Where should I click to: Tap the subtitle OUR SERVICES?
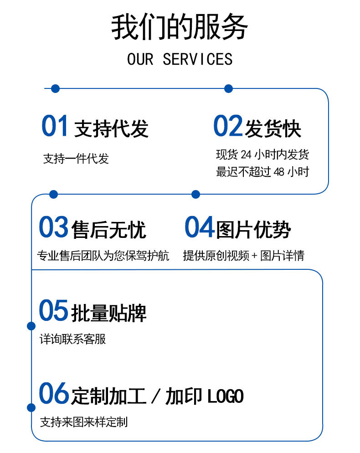pos(180,59)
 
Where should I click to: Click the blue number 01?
pos(55,126)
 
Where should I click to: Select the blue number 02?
pos(228,126)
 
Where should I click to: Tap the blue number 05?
pos(53,311)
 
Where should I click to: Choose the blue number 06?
pos(53,394)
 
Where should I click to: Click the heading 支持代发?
pos(111,129)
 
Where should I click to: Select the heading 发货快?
pos(273,129)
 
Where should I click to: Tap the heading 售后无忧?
pos(109,229)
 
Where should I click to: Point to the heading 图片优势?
pos(253,229)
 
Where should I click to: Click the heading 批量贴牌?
pos(109,313)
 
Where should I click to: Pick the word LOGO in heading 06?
pos(226,396)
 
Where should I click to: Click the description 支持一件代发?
pos(76,159)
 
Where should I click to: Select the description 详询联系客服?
pos(73,339)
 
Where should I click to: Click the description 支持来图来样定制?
pos(84,422)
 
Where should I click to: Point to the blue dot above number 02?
pos(229,88)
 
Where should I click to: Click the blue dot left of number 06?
pos(31,407)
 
